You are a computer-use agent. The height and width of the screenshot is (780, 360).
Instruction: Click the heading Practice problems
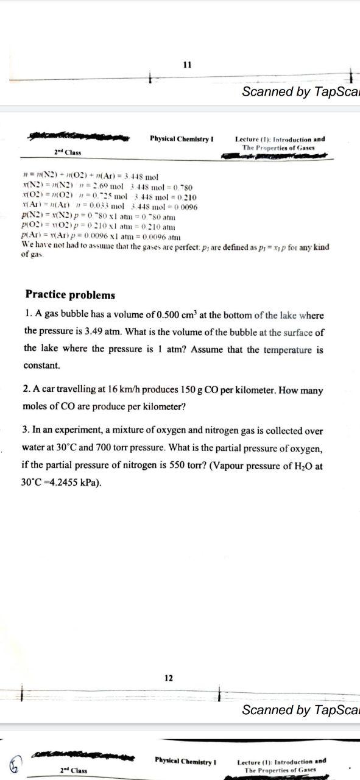pos(70,295)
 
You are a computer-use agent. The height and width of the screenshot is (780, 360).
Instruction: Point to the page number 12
pos(169,678)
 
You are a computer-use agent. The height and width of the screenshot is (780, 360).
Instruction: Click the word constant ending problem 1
pos(42,366)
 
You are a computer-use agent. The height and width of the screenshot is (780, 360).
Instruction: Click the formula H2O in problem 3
pos(300,466)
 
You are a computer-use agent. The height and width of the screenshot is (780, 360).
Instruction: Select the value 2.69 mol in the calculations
pos(107,185)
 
